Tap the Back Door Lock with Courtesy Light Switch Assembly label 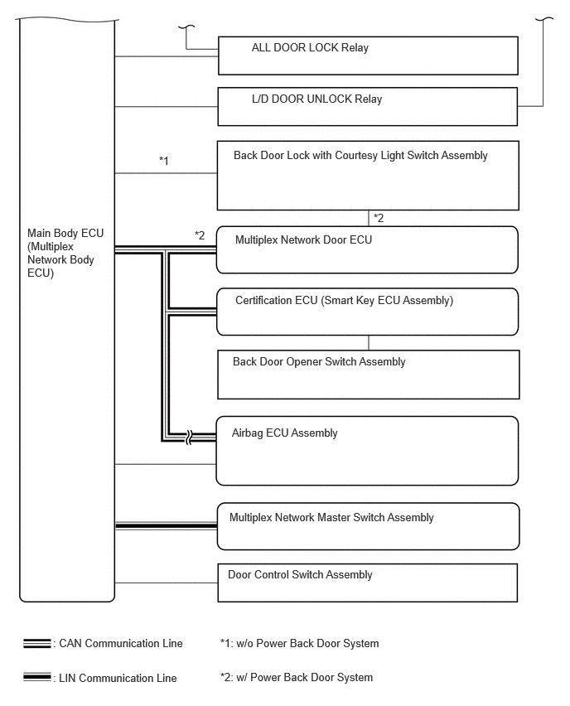point(360,156)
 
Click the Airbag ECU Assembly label point(284,433)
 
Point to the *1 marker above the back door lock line point(164,161)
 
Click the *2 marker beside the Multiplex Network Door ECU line point(200,235)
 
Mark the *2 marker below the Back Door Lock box point(379,219)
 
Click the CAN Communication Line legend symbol point(37,643)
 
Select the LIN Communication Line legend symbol point(37,677)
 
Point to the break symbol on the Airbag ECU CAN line point(189,437)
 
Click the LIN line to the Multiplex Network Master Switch point(167,526)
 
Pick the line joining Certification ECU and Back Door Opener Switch point(369,343)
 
